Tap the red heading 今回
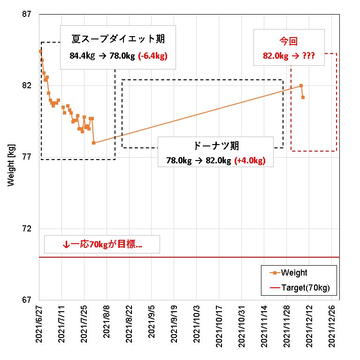(289, 42)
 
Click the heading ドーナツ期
(216, 146)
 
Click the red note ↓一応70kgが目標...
(102, 245)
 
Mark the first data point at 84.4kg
(40, 51)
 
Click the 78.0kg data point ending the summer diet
(94, 143)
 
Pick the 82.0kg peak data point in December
(301, 85)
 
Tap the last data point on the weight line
(303, 97)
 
